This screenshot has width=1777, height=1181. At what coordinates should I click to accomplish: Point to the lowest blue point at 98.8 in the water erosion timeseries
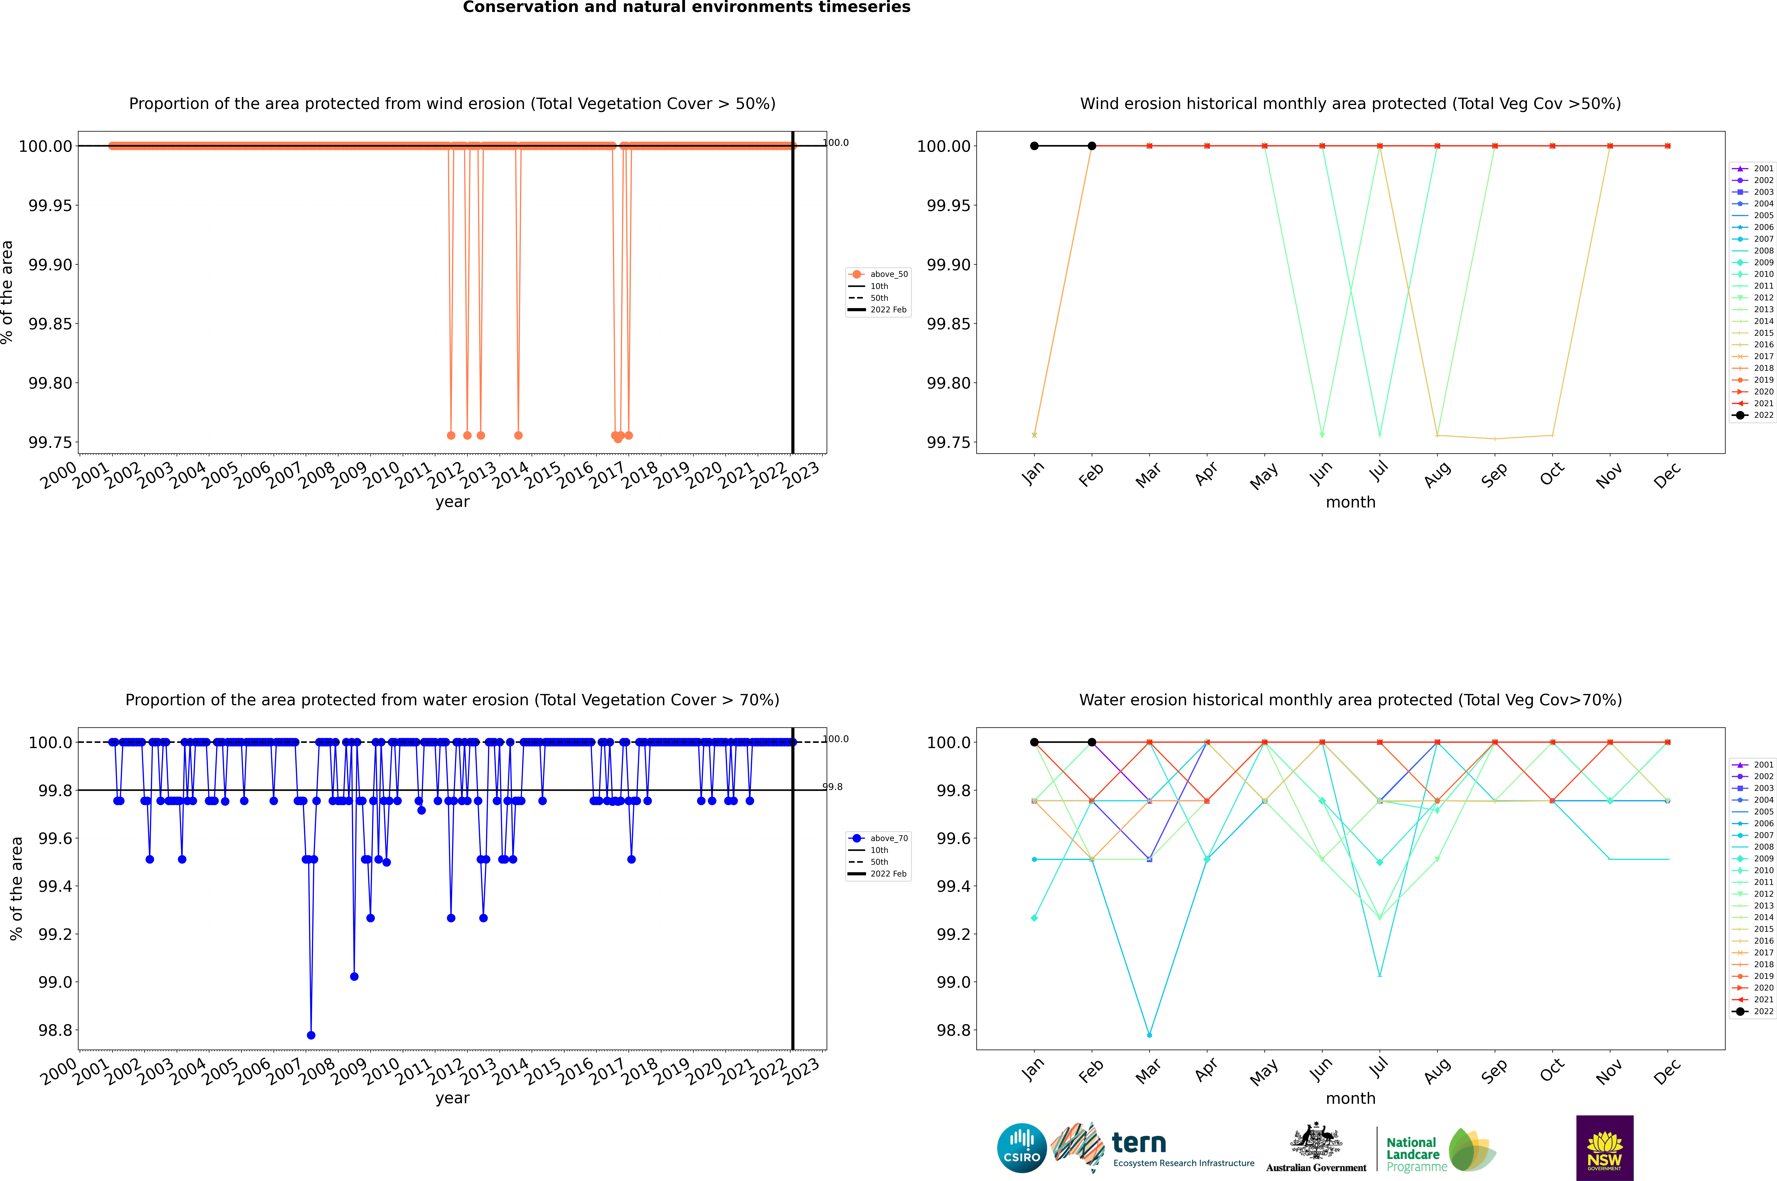[311, 1035]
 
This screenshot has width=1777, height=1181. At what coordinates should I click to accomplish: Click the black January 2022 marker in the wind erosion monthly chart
[1034, 146]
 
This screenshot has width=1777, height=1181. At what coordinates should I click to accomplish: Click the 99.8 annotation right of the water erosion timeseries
[832, 787]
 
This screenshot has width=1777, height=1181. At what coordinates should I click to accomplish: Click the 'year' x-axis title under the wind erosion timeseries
[452, 502]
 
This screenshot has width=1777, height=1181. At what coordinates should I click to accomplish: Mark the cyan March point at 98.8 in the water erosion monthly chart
[1149, 1035]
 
